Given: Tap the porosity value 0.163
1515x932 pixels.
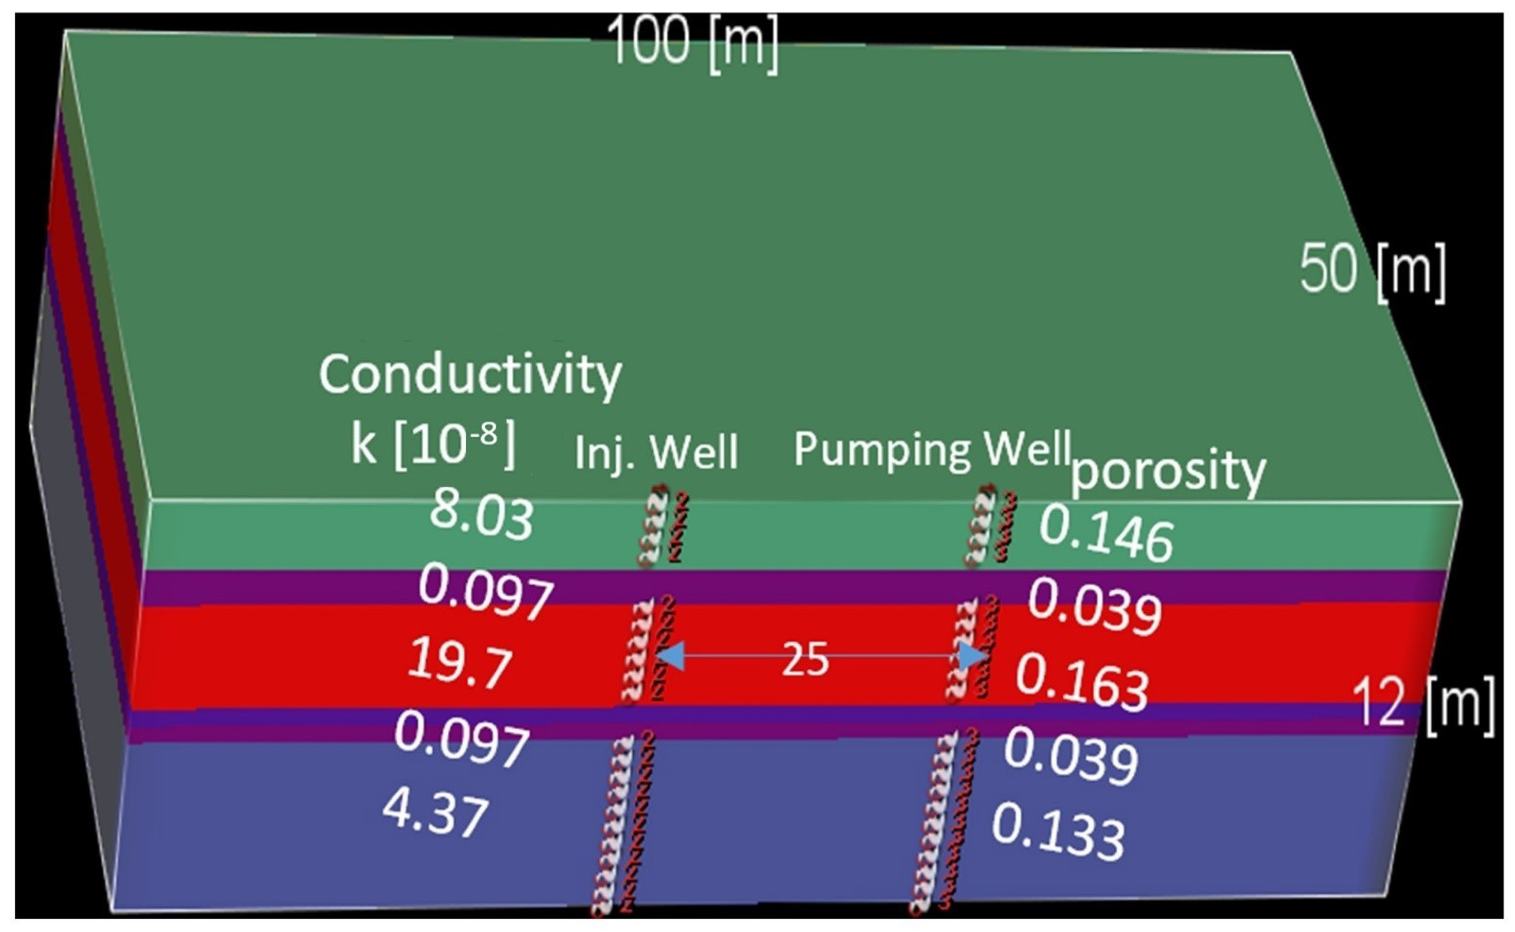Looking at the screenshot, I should click(x=1082, y=682).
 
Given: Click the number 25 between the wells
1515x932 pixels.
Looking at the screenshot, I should click(x=805, y=659).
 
